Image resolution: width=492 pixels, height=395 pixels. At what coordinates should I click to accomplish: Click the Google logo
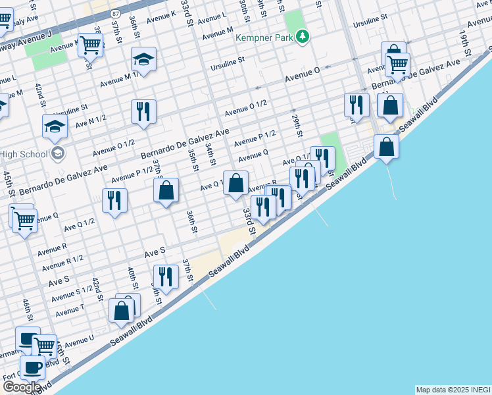coord(22,387)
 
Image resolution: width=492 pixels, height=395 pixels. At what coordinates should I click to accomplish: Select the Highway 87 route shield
coord(116,13)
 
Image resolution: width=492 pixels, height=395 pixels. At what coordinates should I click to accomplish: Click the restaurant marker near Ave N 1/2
coord(143,111)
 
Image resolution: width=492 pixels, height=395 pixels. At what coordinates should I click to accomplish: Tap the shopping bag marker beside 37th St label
coord(166,190)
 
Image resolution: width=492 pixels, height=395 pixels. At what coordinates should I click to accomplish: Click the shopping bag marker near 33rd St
coord(235,182)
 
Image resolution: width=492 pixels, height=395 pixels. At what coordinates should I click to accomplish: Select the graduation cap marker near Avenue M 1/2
coord(143,60)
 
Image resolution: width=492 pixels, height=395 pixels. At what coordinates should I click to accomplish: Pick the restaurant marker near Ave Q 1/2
coord(114,200)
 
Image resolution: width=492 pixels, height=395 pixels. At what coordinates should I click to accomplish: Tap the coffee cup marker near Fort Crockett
coord(32,367)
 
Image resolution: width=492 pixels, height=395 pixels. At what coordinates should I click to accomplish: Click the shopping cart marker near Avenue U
coord(45,345)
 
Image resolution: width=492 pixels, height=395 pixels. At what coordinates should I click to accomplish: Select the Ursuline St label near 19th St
coord(373,23)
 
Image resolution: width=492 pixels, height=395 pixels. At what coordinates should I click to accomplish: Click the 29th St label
coord(297,124)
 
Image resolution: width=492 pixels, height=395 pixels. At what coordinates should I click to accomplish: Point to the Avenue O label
coord(302,78)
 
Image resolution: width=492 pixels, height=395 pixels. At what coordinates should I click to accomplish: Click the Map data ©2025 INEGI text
coord(453,390)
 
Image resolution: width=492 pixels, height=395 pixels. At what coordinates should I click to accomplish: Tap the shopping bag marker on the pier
coord(387,147)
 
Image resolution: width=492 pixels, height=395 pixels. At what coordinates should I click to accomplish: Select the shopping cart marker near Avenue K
coord(90,45)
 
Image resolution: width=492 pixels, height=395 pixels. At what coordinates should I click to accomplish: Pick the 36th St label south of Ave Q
coord(191,221)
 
